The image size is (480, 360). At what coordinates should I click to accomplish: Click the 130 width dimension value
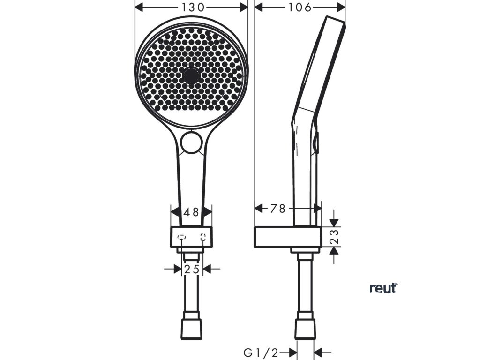click(x=192, y=7)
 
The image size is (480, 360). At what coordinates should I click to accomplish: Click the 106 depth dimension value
click(x=300, y=7)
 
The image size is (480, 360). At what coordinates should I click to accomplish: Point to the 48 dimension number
click(x=191, y=212)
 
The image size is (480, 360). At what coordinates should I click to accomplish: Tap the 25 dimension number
click(x=191, y=269)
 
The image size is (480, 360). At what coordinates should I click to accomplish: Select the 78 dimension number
click(x=278, y=209)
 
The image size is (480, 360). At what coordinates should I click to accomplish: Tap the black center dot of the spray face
click(x=191, y=75)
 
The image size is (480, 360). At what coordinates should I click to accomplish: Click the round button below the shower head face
click(x=191, y=142)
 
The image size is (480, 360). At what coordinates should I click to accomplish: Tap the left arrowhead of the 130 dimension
click(x=139, y=7)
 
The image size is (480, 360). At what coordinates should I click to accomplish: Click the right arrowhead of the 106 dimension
click(x=341, y=7)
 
